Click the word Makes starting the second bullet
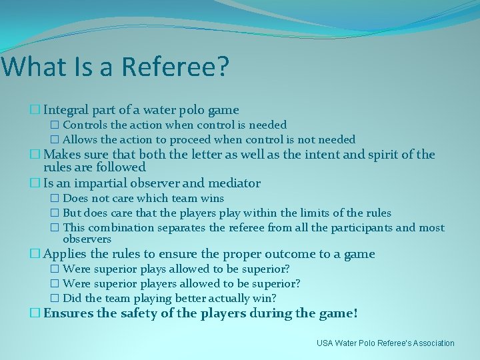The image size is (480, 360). (62, 155)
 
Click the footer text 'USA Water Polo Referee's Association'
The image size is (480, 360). (385, 343)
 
